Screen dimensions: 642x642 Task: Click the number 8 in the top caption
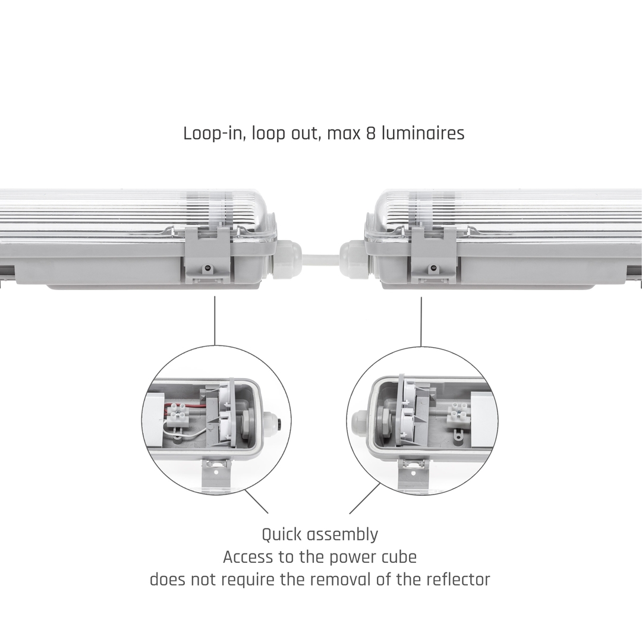(x=370, y=134)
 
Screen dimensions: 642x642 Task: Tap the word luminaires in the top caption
(x=423, y=133)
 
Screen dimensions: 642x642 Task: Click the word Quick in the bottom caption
(x=281, y=535)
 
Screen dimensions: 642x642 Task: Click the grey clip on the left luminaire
(x=207, y=254)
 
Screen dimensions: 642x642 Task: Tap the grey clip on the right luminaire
(x=433, y=254)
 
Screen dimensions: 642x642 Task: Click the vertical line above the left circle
(x=215, y=320)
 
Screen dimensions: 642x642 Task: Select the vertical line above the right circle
(x=421, y=322)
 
